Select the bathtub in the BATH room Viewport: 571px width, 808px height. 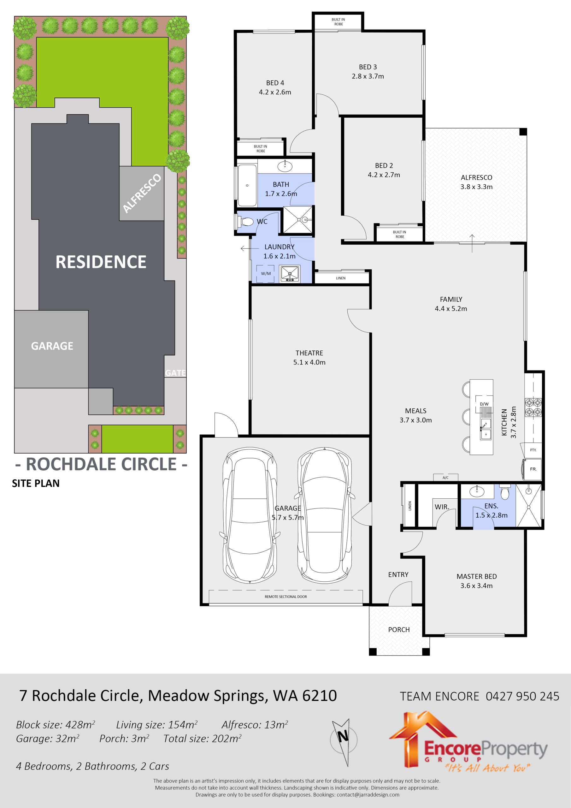click(247, 186)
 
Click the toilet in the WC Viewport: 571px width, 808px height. click(245, 222)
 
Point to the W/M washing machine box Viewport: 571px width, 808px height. click(266, 273)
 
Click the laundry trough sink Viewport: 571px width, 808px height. click(290, 274)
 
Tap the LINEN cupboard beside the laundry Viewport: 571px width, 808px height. click(341, 278)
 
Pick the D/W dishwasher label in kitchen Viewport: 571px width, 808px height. click(484, 404)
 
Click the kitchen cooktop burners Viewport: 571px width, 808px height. click(533, 407)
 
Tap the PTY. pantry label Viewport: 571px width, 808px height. click(533, 450)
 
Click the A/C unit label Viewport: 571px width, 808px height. click(445, 478)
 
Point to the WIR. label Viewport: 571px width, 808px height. click(442, 507)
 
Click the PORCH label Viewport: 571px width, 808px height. click(399, 630)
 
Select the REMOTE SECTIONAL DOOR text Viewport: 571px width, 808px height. click(286, 597)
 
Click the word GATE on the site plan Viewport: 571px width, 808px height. click(175, 373)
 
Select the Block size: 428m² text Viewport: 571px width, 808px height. click(55, 725)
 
